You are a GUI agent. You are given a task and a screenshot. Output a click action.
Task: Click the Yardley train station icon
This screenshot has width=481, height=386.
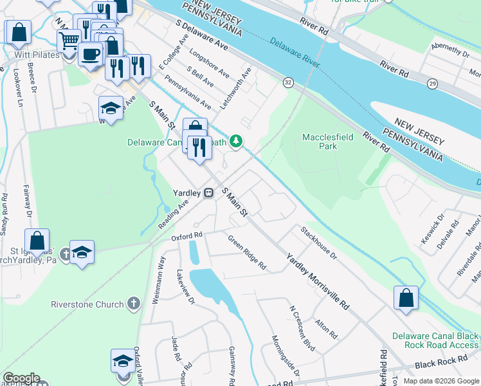(209, 192)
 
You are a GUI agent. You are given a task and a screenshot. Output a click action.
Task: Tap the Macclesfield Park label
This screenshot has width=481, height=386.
(320, 142)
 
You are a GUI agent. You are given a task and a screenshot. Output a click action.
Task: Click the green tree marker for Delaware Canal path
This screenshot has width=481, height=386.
(237, 141)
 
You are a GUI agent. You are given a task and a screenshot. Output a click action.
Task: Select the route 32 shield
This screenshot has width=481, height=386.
(287, 82)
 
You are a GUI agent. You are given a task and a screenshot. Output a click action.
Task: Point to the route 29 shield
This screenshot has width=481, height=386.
(433, 84)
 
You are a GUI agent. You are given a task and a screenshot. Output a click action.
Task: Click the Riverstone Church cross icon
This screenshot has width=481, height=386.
(133, 303)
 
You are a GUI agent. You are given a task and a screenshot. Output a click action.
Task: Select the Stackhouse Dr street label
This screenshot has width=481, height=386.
(318, 242)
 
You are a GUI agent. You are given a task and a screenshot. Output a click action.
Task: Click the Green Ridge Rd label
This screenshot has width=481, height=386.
(247, 252)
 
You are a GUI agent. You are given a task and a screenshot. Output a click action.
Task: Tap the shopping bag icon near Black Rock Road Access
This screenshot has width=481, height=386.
(406, 299)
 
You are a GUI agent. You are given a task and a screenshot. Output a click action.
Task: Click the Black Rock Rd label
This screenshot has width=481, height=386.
(440, 363)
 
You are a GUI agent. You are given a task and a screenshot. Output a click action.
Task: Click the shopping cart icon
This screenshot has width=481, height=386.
(69, 41)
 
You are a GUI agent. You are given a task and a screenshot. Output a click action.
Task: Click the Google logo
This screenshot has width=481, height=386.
(21, 378)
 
